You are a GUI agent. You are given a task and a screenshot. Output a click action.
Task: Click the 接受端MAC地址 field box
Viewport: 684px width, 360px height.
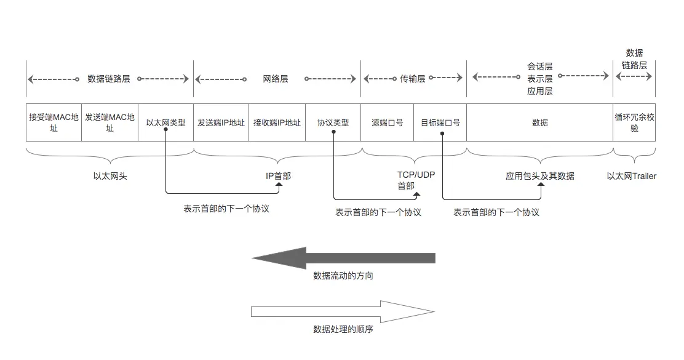(54, 122)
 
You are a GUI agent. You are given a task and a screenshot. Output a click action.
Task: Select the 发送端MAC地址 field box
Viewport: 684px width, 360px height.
(109, 122)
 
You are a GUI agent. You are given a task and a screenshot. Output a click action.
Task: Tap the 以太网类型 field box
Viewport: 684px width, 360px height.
(165, 122)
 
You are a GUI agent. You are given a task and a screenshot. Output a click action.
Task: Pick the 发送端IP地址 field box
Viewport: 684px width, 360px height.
(221, 122)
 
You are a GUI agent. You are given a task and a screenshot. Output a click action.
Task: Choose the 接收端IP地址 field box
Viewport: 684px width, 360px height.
(277, 122)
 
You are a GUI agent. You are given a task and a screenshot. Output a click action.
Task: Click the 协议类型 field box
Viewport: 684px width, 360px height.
(333, 122)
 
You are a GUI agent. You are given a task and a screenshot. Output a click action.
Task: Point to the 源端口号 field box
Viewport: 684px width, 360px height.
(388, 122)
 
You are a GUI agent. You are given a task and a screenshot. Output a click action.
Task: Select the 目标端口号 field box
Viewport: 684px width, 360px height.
(440, 122)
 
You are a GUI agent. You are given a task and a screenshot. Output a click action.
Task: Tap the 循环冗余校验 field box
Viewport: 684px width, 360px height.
(634, 122)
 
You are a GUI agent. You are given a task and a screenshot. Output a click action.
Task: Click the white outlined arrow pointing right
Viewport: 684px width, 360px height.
(343, 311)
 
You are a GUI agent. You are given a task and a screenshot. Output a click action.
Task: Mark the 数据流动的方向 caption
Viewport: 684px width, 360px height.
(343, 276)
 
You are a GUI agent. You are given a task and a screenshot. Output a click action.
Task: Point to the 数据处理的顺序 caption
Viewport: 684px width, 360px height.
(343, 329)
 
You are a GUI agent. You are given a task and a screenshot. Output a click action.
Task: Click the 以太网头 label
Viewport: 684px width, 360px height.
(110, 176)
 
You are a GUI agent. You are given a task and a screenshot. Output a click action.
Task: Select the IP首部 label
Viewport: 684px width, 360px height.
(278, 176)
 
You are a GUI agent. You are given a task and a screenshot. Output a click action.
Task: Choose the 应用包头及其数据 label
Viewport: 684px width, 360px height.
(539, 176)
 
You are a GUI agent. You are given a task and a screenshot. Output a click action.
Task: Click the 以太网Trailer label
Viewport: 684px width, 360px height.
(631, 176)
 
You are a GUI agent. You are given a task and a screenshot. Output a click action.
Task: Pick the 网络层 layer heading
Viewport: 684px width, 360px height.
(275, 79)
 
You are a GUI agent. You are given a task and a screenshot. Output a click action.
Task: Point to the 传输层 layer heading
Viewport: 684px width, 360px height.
(412, 79)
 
